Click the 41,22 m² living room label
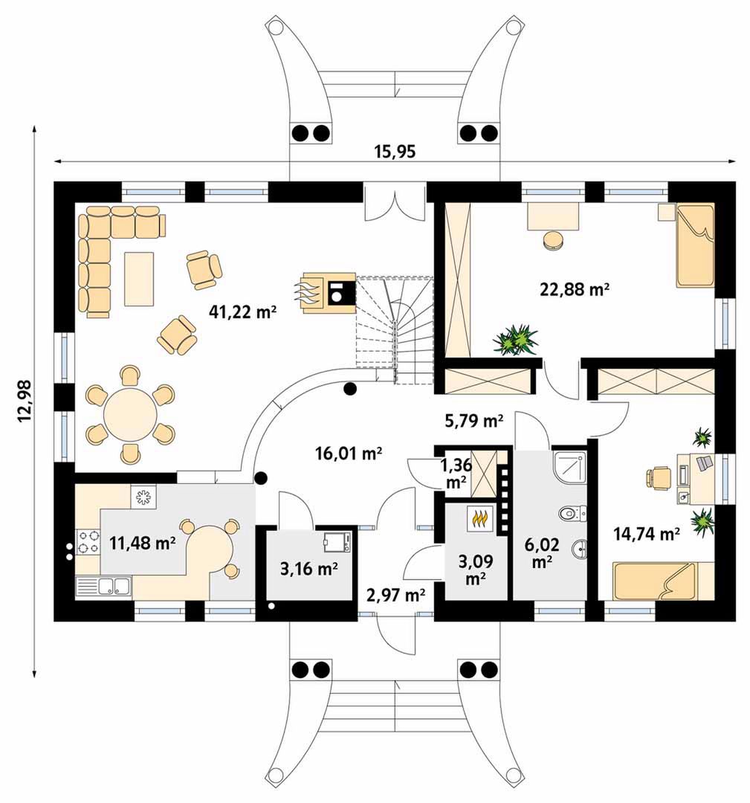(x=242, y=311)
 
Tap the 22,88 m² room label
(x=575, y=289)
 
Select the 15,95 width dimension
(x=395, y=152)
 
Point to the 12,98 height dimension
(x=25, y=401)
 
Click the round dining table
(x=130, y=414)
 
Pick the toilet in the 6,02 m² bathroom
(x=573, y=512)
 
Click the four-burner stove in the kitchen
(x=88, y=543)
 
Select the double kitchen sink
(x=104, y=586)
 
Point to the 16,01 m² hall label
(x=349, y=454)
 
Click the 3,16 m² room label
(x=308, y=569)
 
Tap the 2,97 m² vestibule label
(x=395, y=595)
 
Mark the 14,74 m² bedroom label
(x=646, y=534)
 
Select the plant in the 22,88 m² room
(x=516, y=339)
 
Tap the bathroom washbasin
(x=579, y=549)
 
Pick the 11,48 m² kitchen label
(x=143, y=543)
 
